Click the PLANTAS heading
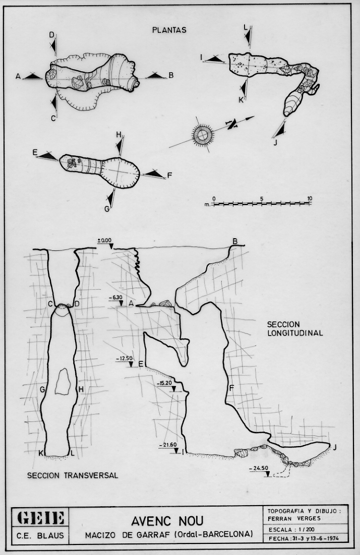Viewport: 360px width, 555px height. coord(169,30)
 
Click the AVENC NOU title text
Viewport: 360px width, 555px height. coord(167,521)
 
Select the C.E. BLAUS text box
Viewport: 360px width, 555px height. coord(41,535)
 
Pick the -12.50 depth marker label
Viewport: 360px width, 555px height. coord(124,359)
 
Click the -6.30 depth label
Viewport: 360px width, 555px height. coord(115,298)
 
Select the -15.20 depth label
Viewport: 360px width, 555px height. coord(164,383)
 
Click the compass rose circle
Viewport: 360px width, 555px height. coord(202,135)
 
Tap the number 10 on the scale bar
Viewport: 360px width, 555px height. coord(310,199)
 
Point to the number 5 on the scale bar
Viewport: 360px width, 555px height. coord(262,199)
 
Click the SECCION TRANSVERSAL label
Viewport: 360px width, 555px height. coord(73,475)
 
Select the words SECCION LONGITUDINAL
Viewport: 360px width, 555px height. coord(295,328)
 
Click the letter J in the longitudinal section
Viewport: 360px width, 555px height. coord(335,448)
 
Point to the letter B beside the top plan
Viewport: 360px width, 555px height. coord(171,75)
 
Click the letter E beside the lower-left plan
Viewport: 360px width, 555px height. coord(35,152)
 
